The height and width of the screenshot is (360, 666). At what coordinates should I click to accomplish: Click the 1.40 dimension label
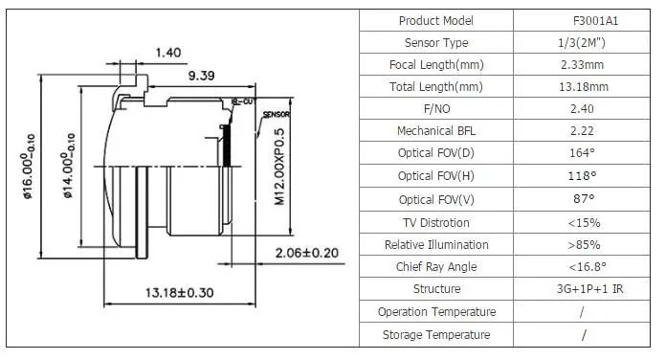(168, 53)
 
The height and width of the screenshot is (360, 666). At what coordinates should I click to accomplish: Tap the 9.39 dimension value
(201, 76)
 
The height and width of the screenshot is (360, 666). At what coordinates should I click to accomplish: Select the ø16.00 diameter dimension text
(28, 167)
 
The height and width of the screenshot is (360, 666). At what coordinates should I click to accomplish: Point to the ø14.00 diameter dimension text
(68, 166)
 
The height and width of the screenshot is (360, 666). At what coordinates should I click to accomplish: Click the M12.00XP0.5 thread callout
(279, 167)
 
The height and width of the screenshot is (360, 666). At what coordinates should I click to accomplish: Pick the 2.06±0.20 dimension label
(307, 253)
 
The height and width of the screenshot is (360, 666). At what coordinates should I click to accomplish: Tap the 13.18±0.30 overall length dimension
(179, 293)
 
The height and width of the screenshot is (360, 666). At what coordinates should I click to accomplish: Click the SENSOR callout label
(277, 114)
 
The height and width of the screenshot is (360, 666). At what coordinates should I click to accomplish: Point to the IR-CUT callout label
(242, 101)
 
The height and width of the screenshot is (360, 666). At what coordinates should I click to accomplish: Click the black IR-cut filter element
(227, 146)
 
